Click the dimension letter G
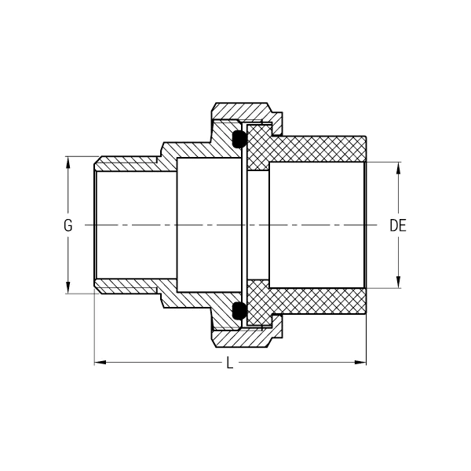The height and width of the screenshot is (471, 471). pyautogui.click(x=68, y=225)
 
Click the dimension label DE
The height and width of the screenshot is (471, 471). pyautogui.click(x=398, y=225)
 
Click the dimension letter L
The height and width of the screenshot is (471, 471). pyautogui.click(x=230, y=363)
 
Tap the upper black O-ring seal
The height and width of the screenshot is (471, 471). pyautogui.click(x=239, y=139)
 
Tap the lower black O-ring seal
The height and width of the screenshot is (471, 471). pyautogui.click(x=239, y=311)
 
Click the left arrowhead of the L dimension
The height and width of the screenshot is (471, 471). pyautogui.click(x=100, y=362)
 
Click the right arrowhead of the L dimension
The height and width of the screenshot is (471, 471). pyautogui.click(x=360, y=362)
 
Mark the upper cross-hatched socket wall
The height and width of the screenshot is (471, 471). pyautogui.click(x=319, y=149)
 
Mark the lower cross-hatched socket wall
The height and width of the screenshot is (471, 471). pyautogui.click(x=319, y=301)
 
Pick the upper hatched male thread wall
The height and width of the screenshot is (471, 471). pyautogui.click(x=126, y=164)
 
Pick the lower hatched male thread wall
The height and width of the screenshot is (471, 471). pyautogui.click(x=126, y=287)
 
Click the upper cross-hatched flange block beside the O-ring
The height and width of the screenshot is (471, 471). pyautogui.click(x=257, y=148)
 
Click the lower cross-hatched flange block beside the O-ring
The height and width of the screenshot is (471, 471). pyautogui.click(x=257, y=303)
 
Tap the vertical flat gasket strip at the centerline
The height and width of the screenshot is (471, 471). pyautogui.click(x=244, y=225)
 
